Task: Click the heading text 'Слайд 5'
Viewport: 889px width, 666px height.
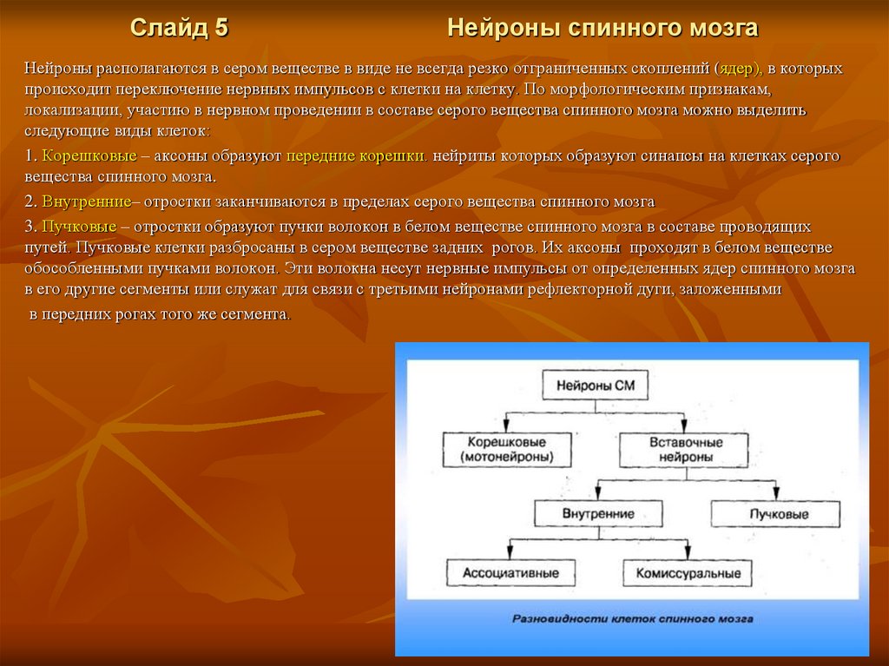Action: click(179, 29)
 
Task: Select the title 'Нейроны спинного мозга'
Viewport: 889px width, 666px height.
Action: click(603, 29)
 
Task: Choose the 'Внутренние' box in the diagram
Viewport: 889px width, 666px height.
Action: click(599, 513)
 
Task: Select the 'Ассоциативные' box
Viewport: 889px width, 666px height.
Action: click(510, 573)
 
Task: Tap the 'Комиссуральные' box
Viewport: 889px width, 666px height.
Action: click(688, 573)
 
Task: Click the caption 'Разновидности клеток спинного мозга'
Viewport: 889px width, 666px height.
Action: click(631, 619)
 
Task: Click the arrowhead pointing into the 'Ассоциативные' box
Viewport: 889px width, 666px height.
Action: click(509, 555)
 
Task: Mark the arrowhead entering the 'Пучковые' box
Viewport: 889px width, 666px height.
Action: click(776, 496)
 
